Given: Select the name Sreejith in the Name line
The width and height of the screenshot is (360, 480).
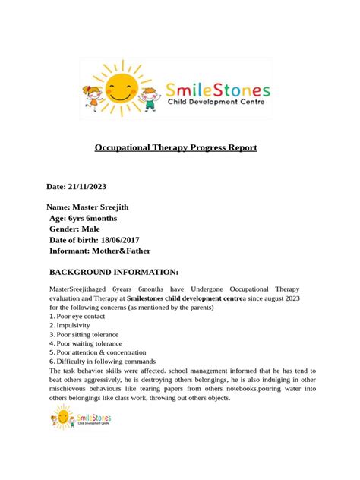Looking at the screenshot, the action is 132,206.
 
